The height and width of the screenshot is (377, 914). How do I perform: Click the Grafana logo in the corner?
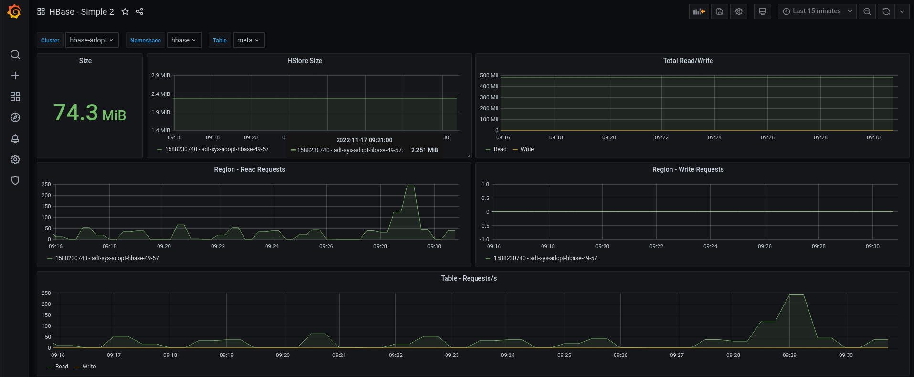[x=14, y=11]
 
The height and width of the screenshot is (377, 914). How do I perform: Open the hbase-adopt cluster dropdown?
[x=92, y=40]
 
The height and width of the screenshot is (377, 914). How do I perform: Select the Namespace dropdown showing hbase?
[x=184, y=40]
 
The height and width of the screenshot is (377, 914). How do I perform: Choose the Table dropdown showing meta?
[x=248, y=40]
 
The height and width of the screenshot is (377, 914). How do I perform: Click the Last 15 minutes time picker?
[x=817, y=11]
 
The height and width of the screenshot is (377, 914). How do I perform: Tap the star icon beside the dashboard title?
[x=125, y=11]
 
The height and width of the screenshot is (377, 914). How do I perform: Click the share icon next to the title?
[x=139, y=11]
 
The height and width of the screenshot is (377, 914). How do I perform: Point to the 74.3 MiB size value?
[x=90, y=113]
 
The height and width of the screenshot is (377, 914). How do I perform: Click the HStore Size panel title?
[x=305, y=61]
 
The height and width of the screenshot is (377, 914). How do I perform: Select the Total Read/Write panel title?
[x=688, y=61]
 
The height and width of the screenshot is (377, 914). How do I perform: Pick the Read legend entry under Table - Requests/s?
[x=62, y=367]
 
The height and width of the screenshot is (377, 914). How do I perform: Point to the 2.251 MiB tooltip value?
[x=425, y=150]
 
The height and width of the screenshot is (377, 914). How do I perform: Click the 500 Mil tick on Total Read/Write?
[x=489, y=75]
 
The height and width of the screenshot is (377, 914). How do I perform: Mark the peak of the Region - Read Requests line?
[x=410, y=186]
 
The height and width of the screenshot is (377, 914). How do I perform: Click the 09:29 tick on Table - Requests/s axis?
[x=789, y=355]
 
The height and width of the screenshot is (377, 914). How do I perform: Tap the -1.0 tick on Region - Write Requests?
[x=485, y=239]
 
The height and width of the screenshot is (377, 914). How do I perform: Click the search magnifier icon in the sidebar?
[x=15, y=54]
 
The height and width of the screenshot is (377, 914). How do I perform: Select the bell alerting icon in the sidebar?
[x=15, y=138]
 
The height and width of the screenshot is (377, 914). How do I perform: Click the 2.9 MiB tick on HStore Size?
[x=160, y=75]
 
